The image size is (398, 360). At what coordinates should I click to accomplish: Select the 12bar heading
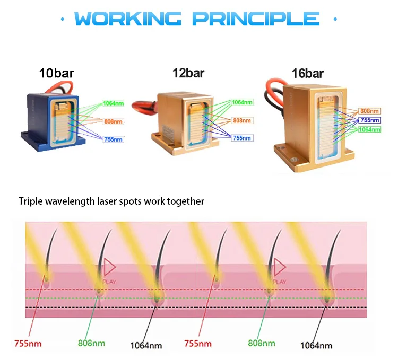pos(188,73)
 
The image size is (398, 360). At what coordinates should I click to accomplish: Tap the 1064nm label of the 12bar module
pos(243,102)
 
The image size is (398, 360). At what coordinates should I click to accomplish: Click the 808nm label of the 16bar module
pos(369,111)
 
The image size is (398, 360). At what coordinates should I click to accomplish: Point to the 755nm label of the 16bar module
pos(369,120)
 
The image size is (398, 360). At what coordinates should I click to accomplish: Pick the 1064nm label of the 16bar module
pos(369,130)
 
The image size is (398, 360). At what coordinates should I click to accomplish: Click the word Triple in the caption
pos(30,201)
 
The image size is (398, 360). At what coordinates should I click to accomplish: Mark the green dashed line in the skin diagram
pos(212,299)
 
